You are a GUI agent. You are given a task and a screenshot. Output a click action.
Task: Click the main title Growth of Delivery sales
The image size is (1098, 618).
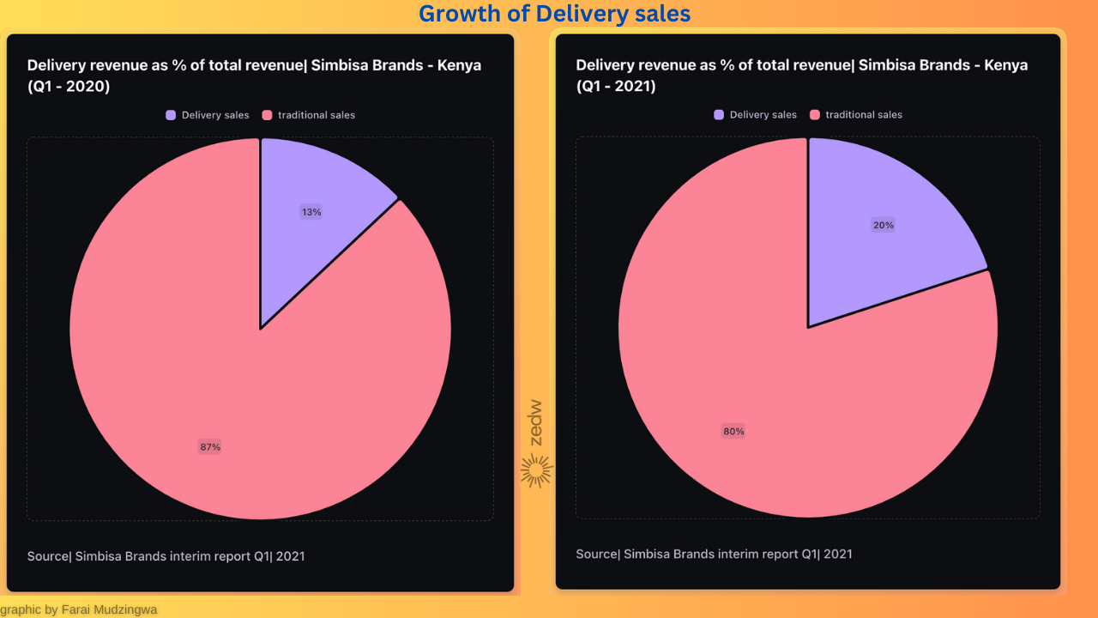click(x=554, y=14)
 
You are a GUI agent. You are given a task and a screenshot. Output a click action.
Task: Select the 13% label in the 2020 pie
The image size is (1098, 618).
click(x=311, y=212)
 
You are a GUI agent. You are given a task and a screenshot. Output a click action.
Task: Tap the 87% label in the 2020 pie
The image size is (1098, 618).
click(x=210, y=447)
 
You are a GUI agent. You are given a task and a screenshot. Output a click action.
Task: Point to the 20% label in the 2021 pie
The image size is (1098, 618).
click(x=884, y=226)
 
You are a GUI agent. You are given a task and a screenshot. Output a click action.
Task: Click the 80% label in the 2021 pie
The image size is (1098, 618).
click(x=733, y=432)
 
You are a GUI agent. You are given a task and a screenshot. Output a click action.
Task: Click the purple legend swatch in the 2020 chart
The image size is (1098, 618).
click(x=171, y=115)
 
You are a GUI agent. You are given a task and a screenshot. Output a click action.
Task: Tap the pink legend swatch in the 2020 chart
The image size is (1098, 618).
click(x=267, y=115)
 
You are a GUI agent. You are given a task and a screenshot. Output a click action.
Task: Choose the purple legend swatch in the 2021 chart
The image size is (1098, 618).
click(x=719, y=115)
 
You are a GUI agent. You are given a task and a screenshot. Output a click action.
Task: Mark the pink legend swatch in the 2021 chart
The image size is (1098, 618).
click(x=815, y=115)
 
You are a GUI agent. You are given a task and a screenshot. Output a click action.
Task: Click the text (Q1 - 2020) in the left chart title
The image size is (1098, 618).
click(x=69, y=87)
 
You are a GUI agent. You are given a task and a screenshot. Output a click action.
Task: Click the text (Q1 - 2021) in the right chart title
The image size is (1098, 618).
click(x=616, y=87)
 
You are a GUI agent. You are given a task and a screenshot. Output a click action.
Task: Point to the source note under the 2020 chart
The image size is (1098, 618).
click(x=166, y=556)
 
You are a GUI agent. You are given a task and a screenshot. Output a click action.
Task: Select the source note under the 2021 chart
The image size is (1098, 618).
click(x=714, y=554)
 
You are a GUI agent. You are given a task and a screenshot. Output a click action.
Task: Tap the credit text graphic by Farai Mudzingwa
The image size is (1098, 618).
click(x=79, y=609)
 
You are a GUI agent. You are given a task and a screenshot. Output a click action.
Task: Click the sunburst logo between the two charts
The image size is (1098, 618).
click(x=536, y=470)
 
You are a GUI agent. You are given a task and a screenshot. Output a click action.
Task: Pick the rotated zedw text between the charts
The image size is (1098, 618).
click(x=536, y=422)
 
